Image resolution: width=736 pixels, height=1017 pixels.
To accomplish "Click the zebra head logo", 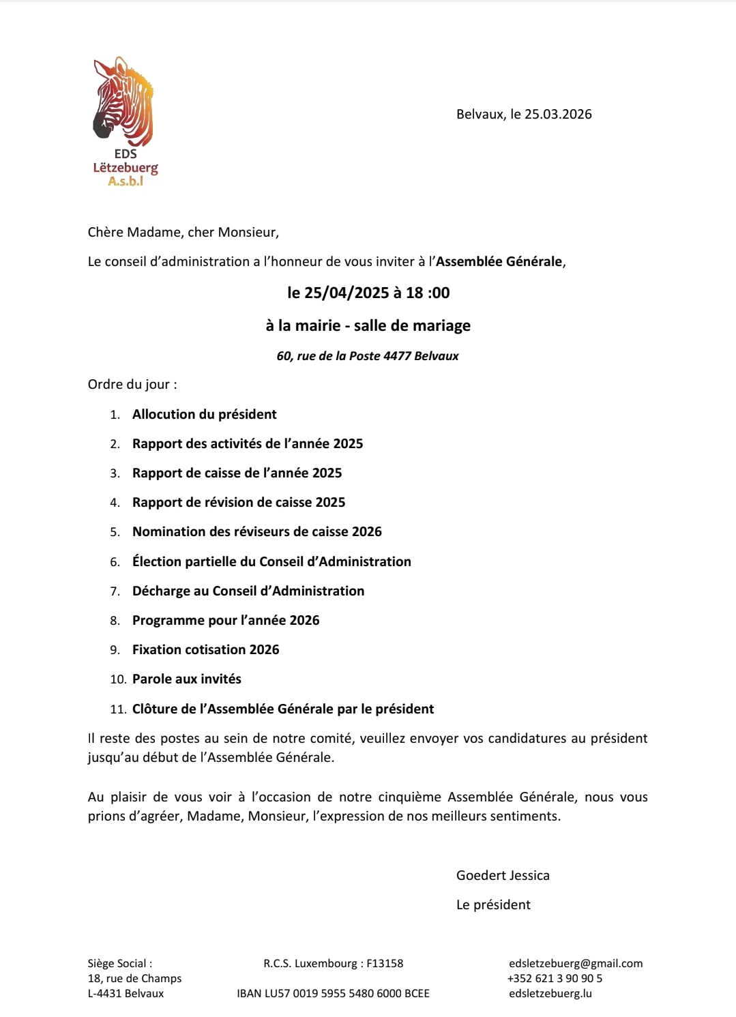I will click(123, 102).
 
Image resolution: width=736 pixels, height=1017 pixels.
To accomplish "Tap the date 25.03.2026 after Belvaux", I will click(558, 114).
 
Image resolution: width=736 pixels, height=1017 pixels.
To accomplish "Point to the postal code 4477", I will click(397, 355).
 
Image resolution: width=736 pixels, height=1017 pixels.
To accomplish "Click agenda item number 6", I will click(115, 562).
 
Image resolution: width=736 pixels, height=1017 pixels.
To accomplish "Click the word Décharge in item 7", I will click(161, 591).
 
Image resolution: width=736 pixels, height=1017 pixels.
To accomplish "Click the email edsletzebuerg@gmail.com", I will click(576, 963).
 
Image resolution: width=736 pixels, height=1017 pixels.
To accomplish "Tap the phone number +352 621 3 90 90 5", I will click(555, 978).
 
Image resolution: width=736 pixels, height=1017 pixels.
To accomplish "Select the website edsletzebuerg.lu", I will click(550, 993).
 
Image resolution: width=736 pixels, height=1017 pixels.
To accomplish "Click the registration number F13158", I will click(385, 963).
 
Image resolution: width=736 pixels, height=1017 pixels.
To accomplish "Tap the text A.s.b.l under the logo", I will click(126, 181).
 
